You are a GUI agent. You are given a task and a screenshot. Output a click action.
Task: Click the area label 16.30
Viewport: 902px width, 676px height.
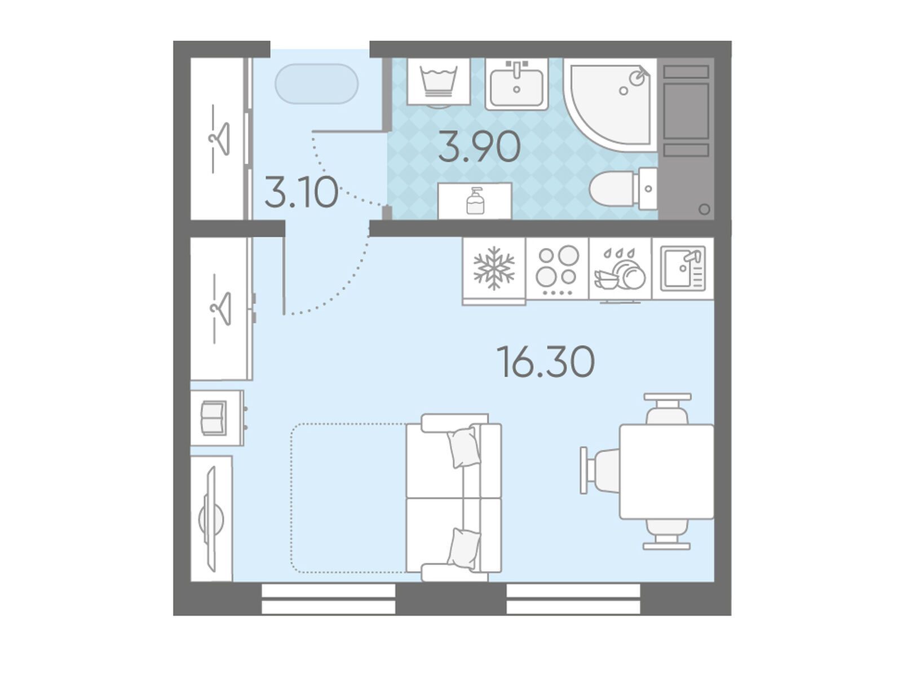tap(545, 361)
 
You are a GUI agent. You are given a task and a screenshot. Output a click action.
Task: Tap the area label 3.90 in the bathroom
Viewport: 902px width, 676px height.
tap(479, 146)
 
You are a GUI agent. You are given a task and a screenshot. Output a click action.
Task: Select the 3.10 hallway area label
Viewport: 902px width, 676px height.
tap(302, 192)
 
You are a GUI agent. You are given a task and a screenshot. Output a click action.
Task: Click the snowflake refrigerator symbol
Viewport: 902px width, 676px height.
tap(494, 268)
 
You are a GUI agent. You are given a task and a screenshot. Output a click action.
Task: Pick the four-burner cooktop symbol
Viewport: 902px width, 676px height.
tap(558, 269)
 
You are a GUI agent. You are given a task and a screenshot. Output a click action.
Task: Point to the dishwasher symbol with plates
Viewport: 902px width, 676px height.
tap(620, 269)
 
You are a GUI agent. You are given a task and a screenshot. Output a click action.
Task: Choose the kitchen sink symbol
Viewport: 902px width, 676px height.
tap(683, 268)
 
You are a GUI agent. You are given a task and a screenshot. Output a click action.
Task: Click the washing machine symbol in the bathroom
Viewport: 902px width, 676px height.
tap(439, 81)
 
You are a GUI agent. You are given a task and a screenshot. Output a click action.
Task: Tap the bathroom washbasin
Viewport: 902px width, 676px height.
tap(516, 84)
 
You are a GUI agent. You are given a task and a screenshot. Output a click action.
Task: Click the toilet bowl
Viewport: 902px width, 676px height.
tap(622, 189)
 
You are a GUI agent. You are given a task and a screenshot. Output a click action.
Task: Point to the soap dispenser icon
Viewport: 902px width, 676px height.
tap(475, 201)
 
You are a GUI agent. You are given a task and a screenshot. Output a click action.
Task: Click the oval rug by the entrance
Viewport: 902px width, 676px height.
tap(316, 84)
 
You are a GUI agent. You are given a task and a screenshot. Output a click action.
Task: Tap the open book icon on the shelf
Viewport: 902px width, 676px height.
tap(213, 418)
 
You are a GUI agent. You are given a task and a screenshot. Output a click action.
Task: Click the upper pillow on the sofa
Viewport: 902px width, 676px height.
tap(464, 447)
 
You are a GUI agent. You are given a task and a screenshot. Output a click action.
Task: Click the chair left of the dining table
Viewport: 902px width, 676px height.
tap(600, 471)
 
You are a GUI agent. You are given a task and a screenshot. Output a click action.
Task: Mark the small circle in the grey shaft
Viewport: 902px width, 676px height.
tap(704, 209)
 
